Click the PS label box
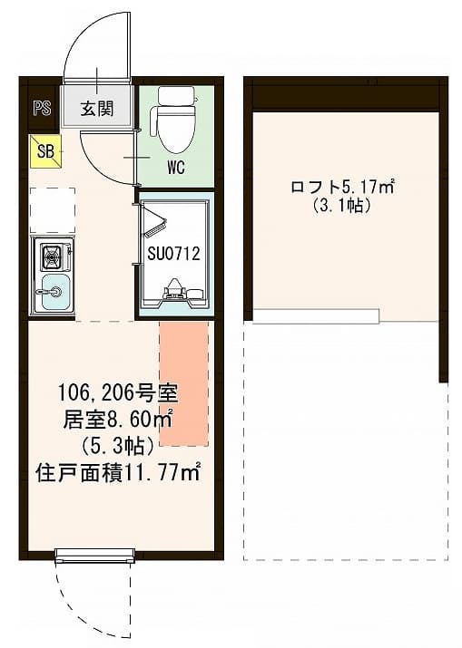[41, 109]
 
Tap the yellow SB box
[44, 151]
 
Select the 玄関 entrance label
[96, 109]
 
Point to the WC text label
[176, 168]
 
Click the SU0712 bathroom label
[173, 254]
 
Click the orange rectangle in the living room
[184, 382]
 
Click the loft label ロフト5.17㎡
[341, 188]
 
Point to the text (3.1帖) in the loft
[341, 206]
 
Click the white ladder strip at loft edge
[315, 316]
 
